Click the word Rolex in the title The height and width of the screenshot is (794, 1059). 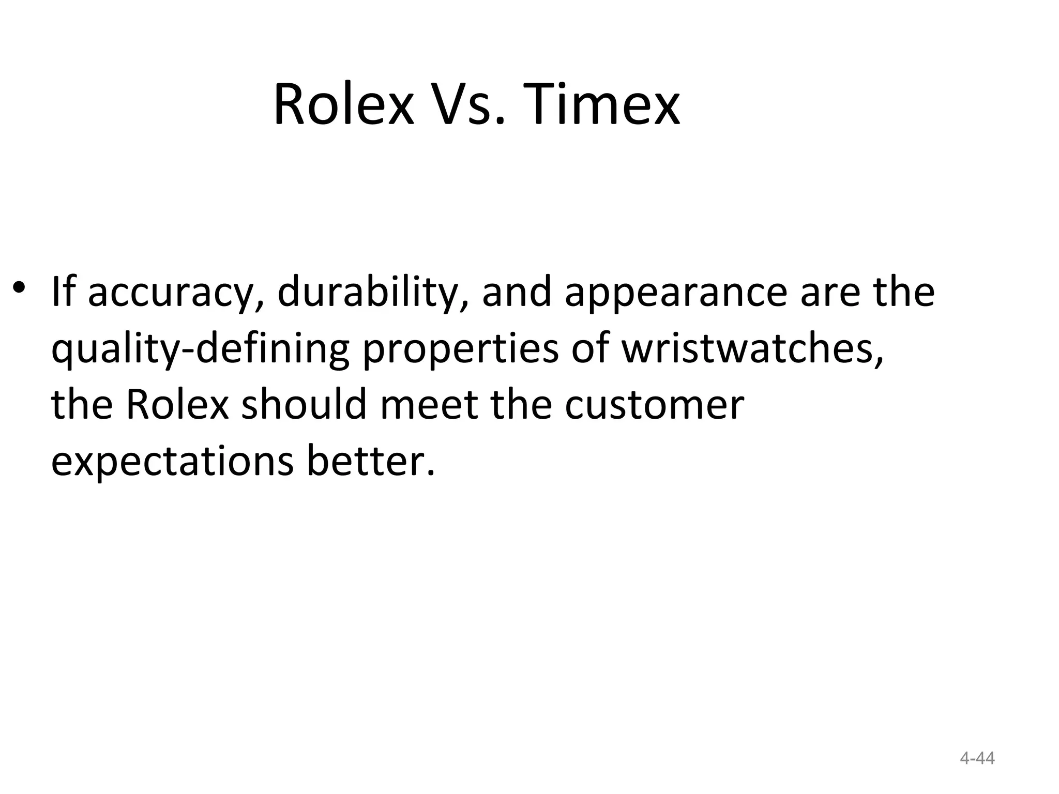344,105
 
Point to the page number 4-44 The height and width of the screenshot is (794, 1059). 977,758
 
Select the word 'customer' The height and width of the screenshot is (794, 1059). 654,405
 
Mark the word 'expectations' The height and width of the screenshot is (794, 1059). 173,461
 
